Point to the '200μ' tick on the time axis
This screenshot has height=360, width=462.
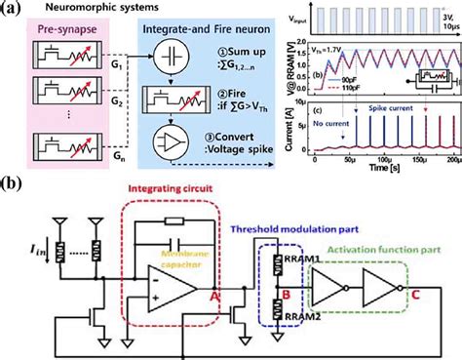tap(450, 158)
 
